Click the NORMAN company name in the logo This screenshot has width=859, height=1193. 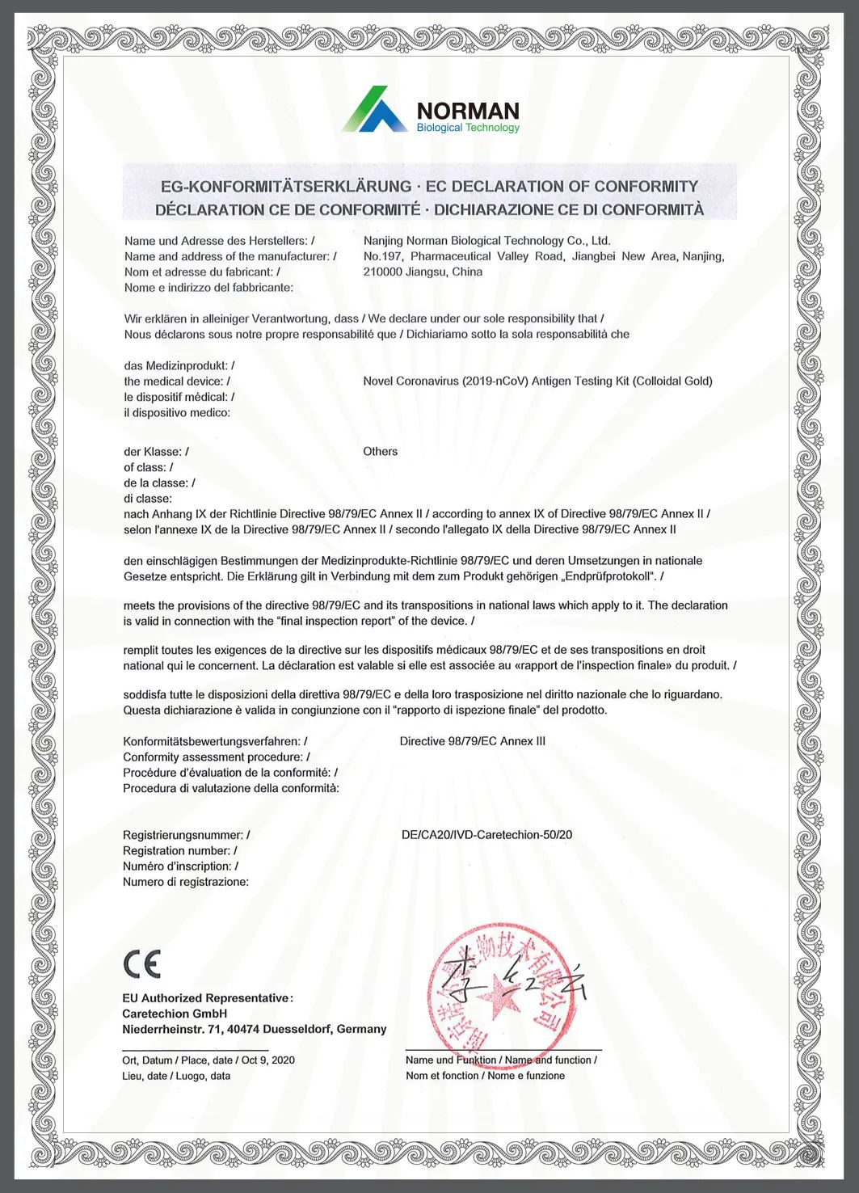click(467, 111)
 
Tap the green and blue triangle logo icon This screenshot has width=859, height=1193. click(373, 110)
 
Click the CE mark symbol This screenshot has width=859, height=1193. click(142, 963)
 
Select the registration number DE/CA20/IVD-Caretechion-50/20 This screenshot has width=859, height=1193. click(486, 835)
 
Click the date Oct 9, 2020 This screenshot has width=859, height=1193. click(268, 1060)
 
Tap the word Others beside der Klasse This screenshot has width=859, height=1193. click(380, 452)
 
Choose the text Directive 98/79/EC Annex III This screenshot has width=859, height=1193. click(472, 741)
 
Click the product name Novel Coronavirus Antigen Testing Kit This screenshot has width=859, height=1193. click(537, 382)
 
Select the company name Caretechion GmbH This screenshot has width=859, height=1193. click(175, 1014)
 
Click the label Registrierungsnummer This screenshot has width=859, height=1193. click(183, 835)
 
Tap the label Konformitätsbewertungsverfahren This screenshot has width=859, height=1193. click(211, 741)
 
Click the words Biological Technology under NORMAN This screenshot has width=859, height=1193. click(468, 128)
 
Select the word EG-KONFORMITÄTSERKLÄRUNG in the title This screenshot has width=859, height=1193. click(285, 187)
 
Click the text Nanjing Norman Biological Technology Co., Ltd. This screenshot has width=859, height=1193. click(486, 241)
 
